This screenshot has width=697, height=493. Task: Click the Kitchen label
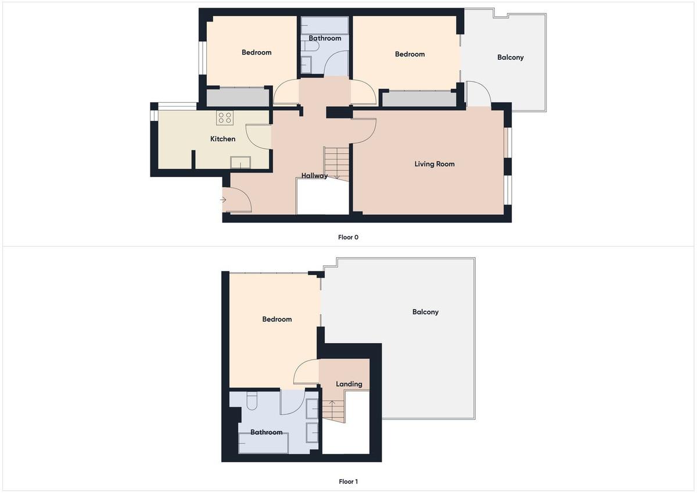(x=223, y=139)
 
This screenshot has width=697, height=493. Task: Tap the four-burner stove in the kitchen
(x=225, y=118)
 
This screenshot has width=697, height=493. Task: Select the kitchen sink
(x=240, y=163)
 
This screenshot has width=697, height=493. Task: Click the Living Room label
(x=434, y=164)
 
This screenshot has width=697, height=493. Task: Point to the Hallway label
(x=315, y=176)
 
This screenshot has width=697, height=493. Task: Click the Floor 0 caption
(x=348, y=237)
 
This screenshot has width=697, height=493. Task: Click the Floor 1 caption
(x=348, y=481)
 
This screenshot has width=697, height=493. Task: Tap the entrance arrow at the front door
(x=224, y=200)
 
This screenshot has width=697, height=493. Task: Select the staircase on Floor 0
(x=336, y=163)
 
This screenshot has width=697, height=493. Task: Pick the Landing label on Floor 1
(x=349, y=384)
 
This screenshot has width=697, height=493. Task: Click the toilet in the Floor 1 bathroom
(x=252, y=401)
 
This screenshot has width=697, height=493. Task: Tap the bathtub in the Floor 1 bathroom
(x=263, y=443)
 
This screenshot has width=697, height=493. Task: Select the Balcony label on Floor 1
(x=425, y=312)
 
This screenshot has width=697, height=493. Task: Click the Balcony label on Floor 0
(x=511, y=57)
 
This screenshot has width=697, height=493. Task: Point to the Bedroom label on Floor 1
(x=277, y=319)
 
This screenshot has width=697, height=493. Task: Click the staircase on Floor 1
(x=333, y=411)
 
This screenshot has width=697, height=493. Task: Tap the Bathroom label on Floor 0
(x=325, y=38)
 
